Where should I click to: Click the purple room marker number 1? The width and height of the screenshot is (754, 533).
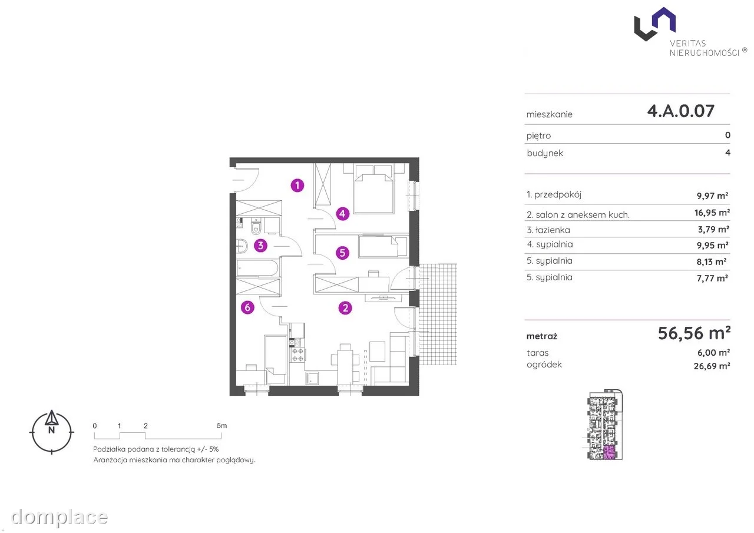pyautogui.click(x=297, y=186)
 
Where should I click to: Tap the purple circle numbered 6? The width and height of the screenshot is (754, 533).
pyautogui.click(x=247, y=307)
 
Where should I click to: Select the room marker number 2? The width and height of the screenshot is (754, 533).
pyautogui.click(x=345, y=308)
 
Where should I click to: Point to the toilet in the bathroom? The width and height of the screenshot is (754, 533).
pyautogui.click(x=256, y=226)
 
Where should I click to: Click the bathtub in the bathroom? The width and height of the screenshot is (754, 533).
pyautogui.click(x=257, y=268)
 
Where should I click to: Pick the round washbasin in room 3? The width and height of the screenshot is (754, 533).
pyautogui.click(x=242, y=246)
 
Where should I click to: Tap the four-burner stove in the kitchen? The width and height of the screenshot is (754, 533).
pyautogui.click(x=297, y=355)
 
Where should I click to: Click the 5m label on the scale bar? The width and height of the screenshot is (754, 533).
pyautogui.click(x=222, y=426)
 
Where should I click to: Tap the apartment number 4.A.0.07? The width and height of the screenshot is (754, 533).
pyautogui.click(x=680, y=111)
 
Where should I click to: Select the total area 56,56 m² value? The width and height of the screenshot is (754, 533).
pyautogui.click(x=694, y=333)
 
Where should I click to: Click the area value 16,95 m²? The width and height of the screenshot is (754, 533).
pyautogui.click(x=712, y=213)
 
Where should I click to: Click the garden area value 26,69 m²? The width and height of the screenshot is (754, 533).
pyautogui.click(x=712, y=366)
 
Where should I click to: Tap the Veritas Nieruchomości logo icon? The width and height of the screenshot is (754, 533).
pyautogui.click(x=654, y=24)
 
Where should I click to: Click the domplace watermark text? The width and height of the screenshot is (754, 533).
pyautogui.click(x=59, y=518)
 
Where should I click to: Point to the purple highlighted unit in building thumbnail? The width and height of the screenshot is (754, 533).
pyautogui.click(x=609, y=452)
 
